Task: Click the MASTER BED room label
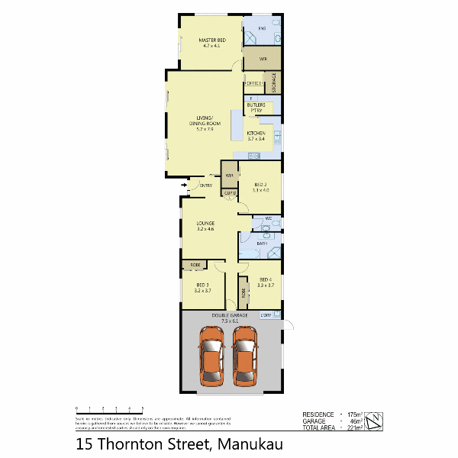[x=211, y=40]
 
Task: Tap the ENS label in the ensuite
[x=261, y=29]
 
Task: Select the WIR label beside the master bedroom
[x=262, y=59]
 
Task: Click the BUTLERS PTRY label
[x=256, y=108]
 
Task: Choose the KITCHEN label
[x=256, y=135]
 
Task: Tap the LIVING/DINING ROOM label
[x=205, y=123]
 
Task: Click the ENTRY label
[x=206, y=186]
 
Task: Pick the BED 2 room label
[x=261, y=185]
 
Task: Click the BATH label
[x=262, y=244]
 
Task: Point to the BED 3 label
[x=202, y=286]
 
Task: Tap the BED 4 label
[x=265, y=282]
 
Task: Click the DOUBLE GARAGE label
[x=230, y=318]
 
